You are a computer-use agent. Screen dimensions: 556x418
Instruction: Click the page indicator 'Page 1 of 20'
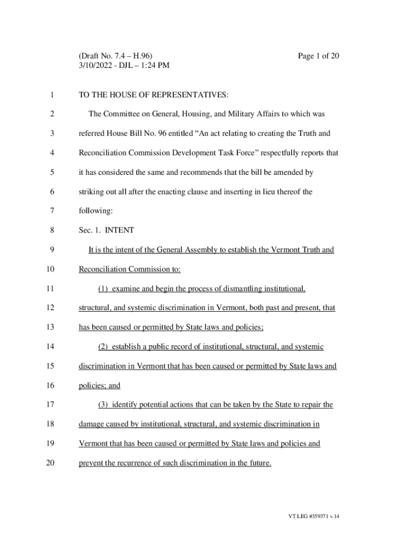click(319, 56)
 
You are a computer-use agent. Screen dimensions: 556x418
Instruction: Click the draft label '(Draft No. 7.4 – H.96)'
click(116, 56)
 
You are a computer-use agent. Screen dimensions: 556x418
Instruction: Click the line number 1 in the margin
click(52, 95)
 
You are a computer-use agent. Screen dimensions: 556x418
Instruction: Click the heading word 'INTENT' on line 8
click(119, 230)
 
